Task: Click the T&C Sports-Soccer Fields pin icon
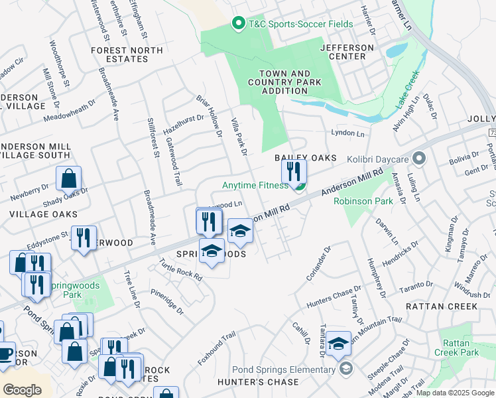(x=238, y=25)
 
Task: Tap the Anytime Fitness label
(x=256, y=186)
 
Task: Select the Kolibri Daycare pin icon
(x=418, y=159)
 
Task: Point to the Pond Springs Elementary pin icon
(x=345, y=369)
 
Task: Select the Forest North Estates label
(x=127, y=54)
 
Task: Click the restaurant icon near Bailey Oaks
(x=293, y=172)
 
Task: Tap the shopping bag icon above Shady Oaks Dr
(x=68, y=178)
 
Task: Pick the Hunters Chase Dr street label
(x=333, y=298)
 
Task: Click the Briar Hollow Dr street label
(x=208, y=116)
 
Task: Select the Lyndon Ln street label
(x=348, y=133)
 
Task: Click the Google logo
(x=23, y=389)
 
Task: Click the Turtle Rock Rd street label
(x=180, y=270)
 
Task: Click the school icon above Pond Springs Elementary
(x=338, y=342)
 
